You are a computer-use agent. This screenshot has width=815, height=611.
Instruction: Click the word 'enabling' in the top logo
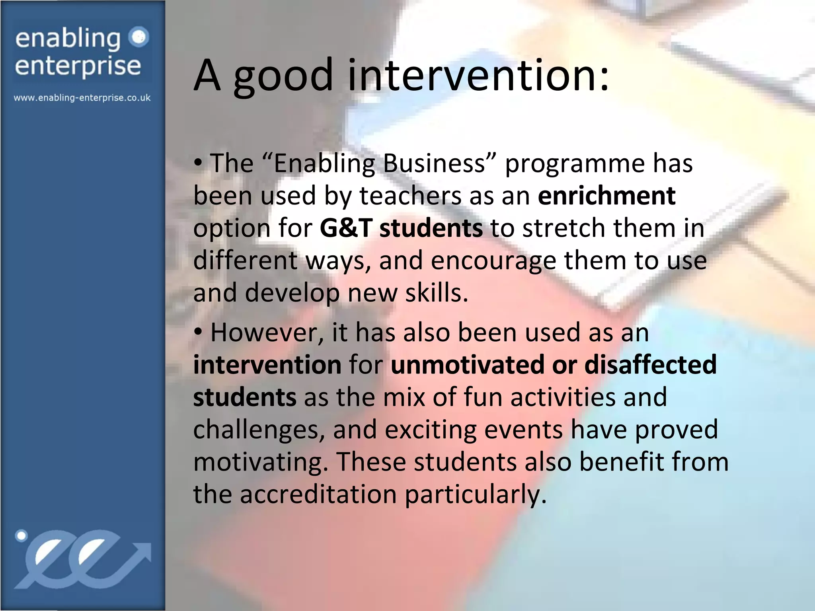tap(68, 39)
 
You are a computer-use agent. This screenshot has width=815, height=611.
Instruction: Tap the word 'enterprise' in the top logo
tap(78, 66)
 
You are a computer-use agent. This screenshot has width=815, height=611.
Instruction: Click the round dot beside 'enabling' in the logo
tap(139, 37)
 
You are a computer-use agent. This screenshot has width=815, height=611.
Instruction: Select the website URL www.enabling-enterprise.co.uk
tap(82, 98)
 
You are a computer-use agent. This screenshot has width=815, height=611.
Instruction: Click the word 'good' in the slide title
tap(283, 76)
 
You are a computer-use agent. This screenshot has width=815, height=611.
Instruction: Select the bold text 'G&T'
tap(345, 228)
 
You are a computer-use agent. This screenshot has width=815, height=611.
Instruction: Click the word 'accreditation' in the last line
tap(318, 494)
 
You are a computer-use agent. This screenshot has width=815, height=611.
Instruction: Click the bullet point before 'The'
tap(198, 163)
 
